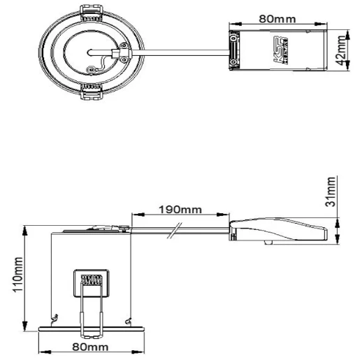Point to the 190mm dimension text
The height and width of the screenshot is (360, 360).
pos(180,209)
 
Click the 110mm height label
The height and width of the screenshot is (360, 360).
pos(19,275)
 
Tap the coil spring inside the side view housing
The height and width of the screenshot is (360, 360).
pos(89,281)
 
